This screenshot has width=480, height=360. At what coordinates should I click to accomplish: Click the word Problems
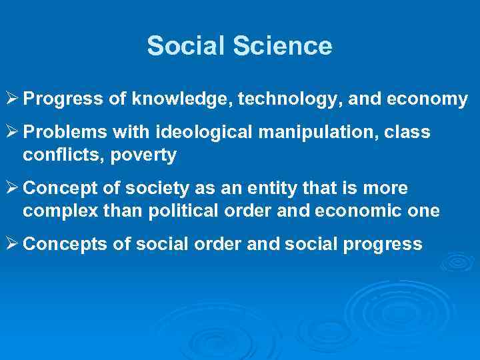click(57, 133)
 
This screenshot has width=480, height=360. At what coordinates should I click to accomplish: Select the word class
click(409, 133)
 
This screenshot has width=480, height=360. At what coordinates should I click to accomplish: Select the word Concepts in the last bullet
click(59, 245)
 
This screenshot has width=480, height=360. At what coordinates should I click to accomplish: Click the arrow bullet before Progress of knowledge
click(12, 100)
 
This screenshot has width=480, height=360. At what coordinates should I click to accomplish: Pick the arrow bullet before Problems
click(12, 133)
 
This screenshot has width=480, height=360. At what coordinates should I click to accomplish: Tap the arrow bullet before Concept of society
click(12, 189)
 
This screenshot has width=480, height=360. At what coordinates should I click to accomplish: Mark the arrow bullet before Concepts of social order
click(12, 245)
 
